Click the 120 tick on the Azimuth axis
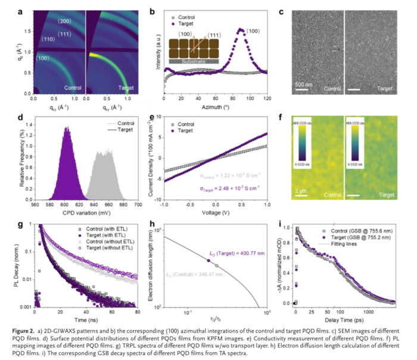pos(269,97)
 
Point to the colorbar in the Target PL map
pos(356,148)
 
